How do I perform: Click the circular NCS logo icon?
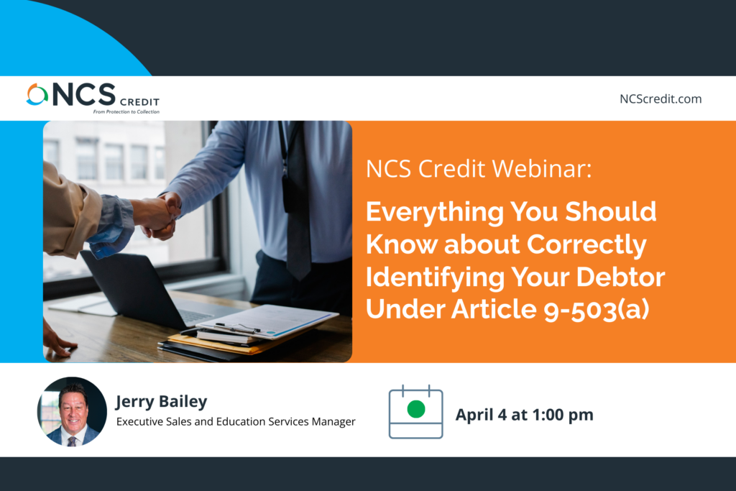37,94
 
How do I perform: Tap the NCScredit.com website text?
661,99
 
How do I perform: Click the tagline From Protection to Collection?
126,111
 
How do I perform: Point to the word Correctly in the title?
586,245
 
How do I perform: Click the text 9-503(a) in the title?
597,310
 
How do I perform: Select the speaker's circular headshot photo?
72,412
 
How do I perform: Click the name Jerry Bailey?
162,402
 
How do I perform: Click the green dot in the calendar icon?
416,409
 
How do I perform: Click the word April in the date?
474,415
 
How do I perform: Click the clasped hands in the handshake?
160,216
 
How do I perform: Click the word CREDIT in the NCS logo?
140,102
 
